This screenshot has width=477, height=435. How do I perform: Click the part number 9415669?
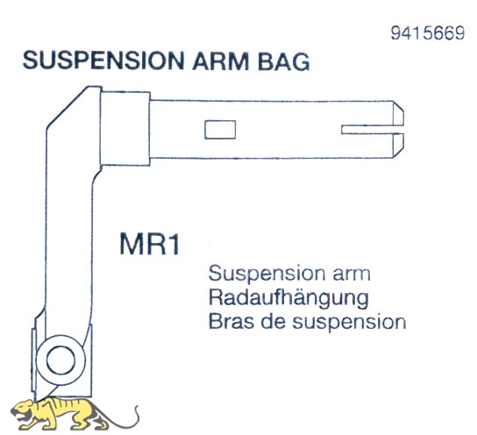coord(427,32)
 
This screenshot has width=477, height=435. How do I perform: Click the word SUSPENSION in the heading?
coord(103,61)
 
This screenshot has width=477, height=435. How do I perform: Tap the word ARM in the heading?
coord(221,61)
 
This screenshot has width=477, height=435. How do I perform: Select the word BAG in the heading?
coord(284,61)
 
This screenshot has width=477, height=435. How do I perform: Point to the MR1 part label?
coord(149,244)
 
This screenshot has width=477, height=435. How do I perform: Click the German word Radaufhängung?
coord(288,298)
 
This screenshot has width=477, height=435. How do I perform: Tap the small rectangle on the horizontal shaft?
coord(220,130)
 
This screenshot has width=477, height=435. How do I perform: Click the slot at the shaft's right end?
coord(373,129)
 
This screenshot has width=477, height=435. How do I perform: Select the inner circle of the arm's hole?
coord(61,360)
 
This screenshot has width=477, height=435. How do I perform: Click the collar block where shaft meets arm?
coord(125,128)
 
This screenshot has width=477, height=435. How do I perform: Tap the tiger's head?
coord(24,410)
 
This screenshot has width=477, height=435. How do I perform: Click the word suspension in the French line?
coord(349,323)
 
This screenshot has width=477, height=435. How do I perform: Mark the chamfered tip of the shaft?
coord(398,129)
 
